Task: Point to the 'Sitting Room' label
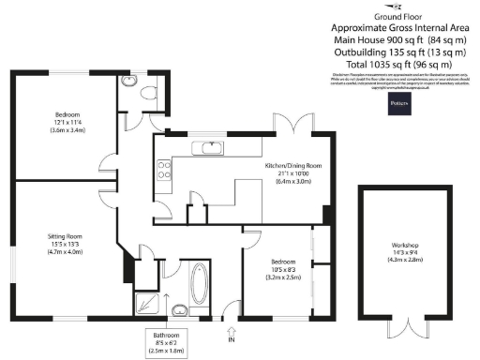(x=66, y=238)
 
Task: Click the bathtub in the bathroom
(x=198, y=284)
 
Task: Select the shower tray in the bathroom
(x=146, y=301)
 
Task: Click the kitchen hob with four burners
(x=163, y=171)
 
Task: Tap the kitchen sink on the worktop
(x=206, y=148)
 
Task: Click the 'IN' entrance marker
(x=231, y=339)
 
